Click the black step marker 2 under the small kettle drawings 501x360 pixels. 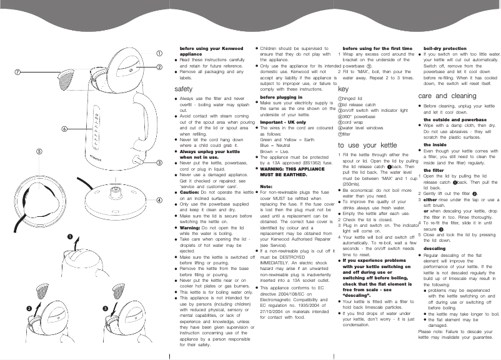(x=29, y=309)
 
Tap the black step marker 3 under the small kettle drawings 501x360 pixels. (x=106, y=309)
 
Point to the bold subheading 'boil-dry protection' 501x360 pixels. (x=445, y=48)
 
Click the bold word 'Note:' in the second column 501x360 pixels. (x=266, y=186)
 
